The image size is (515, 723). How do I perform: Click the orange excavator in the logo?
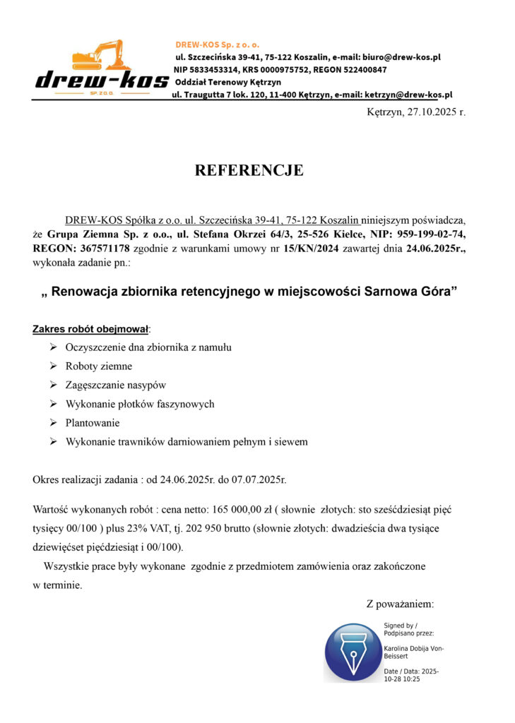pos(99,54)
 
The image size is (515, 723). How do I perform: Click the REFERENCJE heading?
pos(249,170)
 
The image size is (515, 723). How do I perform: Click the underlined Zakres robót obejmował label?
pos(91,329)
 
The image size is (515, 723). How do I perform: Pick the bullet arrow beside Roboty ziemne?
pos(53,366)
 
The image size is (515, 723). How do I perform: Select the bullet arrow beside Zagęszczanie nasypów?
pos(53,386)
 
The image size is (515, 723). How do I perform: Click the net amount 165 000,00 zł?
pos(240,508)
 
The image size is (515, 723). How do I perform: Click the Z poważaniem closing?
pos(400,604)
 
